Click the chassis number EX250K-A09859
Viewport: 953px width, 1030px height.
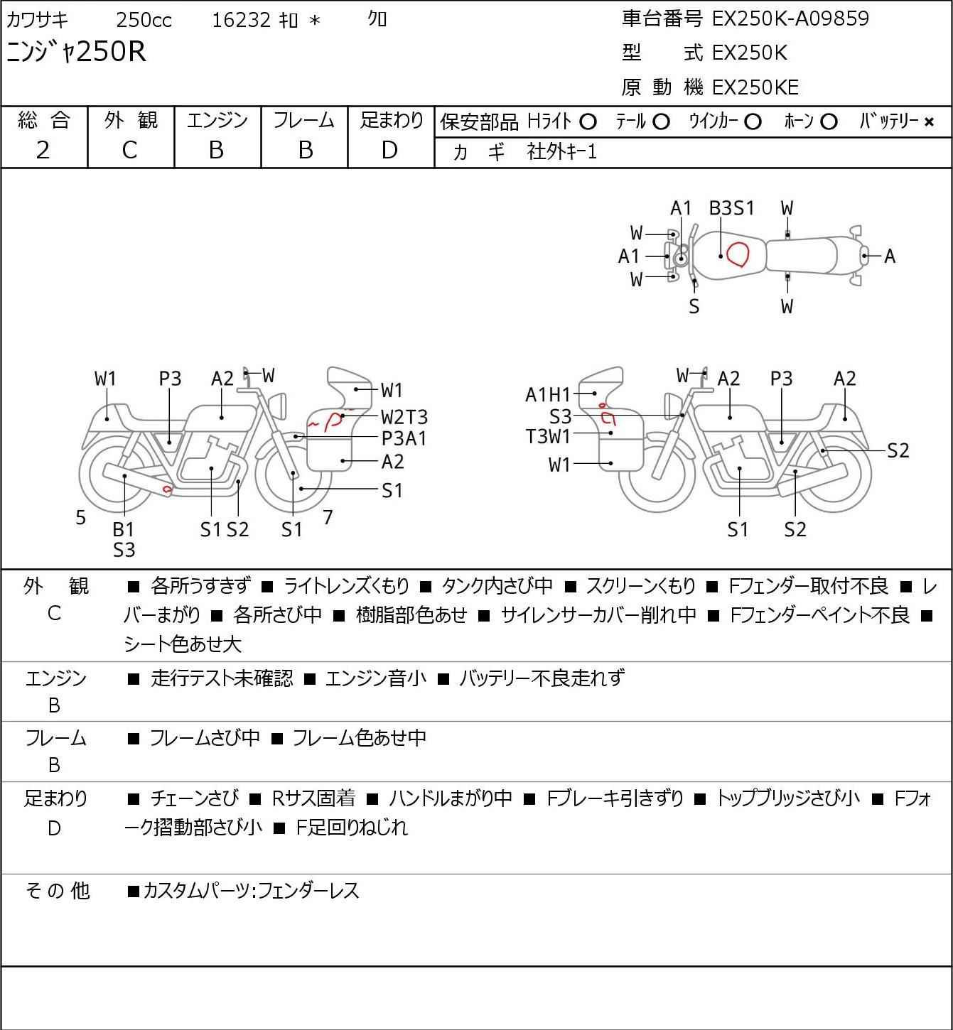790,18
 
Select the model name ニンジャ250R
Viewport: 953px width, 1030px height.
76,52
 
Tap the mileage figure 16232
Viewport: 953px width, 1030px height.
241,20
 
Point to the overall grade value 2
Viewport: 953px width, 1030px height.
43,150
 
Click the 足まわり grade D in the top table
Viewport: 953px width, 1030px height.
389,150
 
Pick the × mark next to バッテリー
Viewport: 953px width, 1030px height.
929,122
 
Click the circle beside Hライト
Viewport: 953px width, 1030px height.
588,122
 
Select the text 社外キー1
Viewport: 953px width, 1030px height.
561,152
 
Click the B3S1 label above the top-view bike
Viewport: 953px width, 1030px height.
731,208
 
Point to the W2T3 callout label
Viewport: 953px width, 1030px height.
404,416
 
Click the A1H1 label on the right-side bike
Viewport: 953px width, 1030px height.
548,395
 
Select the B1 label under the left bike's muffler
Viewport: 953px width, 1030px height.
124,529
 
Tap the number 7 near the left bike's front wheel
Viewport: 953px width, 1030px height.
328,517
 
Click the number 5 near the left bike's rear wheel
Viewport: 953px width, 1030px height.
80,517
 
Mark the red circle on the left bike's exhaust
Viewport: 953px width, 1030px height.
167,489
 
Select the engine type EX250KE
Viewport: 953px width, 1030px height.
755,87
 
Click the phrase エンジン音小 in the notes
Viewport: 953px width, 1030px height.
375,678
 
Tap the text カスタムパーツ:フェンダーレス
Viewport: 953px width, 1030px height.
251,891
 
